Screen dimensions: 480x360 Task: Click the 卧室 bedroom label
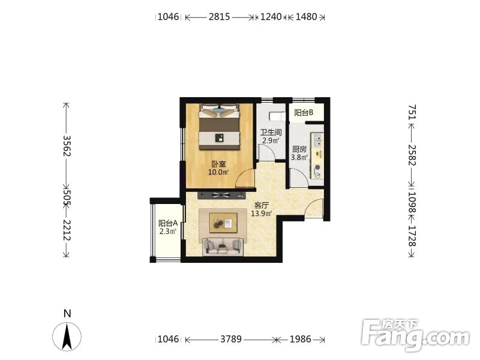(218, 164)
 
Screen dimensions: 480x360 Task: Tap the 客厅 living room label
(261, 205)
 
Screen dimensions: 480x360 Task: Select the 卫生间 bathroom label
(271, 133)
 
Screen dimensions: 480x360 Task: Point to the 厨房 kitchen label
(299, 149)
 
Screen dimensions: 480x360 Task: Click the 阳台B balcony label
(304, 113)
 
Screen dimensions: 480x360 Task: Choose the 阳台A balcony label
(168, 223)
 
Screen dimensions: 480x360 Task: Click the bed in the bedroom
(219, 127)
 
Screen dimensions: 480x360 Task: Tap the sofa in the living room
(223, 247)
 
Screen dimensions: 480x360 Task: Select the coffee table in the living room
(223, 223)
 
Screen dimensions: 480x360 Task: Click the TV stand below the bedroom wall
(221, 196)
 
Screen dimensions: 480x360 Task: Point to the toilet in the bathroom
(277, 116)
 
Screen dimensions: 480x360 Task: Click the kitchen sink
(317, 139)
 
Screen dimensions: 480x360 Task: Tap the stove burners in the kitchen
(318, 171)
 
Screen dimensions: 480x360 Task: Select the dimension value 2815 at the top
(220, 17)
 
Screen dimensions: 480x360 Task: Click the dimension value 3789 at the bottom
(231, 339)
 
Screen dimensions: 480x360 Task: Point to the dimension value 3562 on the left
(67, 146)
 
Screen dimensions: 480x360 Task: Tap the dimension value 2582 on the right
(412, 155)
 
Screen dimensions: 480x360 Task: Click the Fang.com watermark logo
(415, 335)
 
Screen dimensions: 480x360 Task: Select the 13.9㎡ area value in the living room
(262, 214)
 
